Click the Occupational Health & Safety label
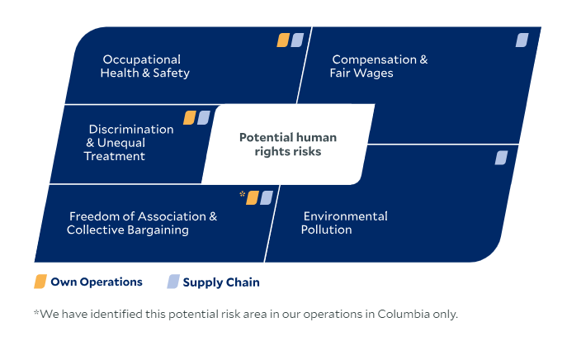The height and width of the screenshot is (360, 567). pos(145,66)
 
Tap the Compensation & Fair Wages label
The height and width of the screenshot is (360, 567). pos(379,66)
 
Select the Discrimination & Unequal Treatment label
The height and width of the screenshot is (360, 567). pos(129,143)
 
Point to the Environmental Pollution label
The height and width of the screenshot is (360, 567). pos(344,223)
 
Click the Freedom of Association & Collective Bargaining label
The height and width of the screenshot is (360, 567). pos(142,223)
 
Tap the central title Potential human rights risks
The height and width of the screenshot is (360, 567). pos(288,144)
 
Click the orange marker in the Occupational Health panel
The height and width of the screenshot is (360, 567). pos(283,40)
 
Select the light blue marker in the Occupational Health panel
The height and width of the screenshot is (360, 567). pos(297,40)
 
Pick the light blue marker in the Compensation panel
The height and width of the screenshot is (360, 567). pos(522,40)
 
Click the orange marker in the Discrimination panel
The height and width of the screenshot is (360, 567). pos(190,117)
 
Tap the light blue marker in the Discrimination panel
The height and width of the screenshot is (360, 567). pos(204,117)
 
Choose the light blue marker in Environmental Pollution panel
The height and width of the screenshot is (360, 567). pos(501,158)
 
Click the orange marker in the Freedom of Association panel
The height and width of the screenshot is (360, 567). pos(253,198)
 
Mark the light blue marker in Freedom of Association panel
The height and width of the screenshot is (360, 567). pos(267,198)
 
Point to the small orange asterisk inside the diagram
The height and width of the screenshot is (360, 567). pos(243,194)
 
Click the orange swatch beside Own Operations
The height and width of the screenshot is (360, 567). pos(40,282)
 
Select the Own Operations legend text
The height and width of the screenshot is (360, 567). pos(97,282)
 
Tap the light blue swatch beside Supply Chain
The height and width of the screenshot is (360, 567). pos(173,282)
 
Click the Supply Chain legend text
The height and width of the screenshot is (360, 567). pos(221,282)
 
